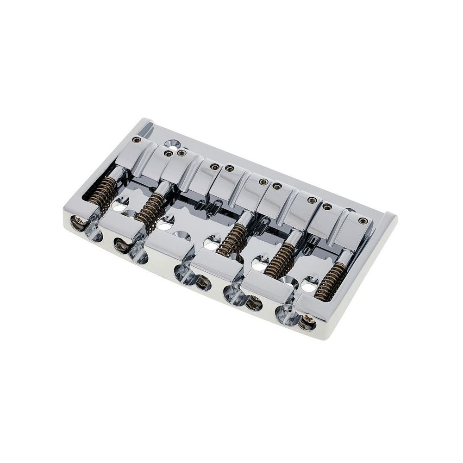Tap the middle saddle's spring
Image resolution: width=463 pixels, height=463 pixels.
pyautogui.click(x=231, y=238)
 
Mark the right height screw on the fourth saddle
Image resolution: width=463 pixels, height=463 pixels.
pyautogui.click(x=313, y=200)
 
